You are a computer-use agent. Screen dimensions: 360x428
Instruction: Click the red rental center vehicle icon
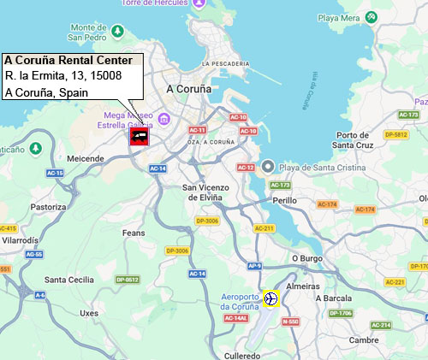coord(139,136)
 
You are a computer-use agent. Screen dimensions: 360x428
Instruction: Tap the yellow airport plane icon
coord(271,298)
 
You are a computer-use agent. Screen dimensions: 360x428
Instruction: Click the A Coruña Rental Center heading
coord(68,61)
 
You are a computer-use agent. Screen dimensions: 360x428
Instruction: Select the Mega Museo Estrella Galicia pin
coord(164,119)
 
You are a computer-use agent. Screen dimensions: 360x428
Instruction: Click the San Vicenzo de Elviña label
coord(202,192)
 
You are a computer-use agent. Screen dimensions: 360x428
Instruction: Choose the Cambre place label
coord(364,339)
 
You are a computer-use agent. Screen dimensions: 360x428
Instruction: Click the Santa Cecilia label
coord(69,280)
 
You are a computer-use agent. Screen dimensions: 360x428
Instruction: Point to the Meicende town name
coord(84,158)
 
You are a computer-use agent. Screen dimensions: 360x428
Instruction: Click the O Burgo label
coord(306,257)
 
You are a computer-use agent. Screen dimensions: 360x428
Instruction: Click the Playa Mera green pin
coord(371,17)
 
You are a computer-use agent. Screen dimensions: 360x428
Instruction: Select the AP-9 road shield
coord(254,266)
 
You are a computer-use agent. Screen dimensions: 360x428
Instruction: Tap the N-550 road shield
coord(289,322)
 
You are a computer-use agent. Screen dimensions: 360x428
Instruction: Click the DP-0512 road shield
coord(127,280)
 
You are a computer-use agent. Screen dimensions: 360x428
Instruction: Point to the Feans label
coord(134,232)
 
